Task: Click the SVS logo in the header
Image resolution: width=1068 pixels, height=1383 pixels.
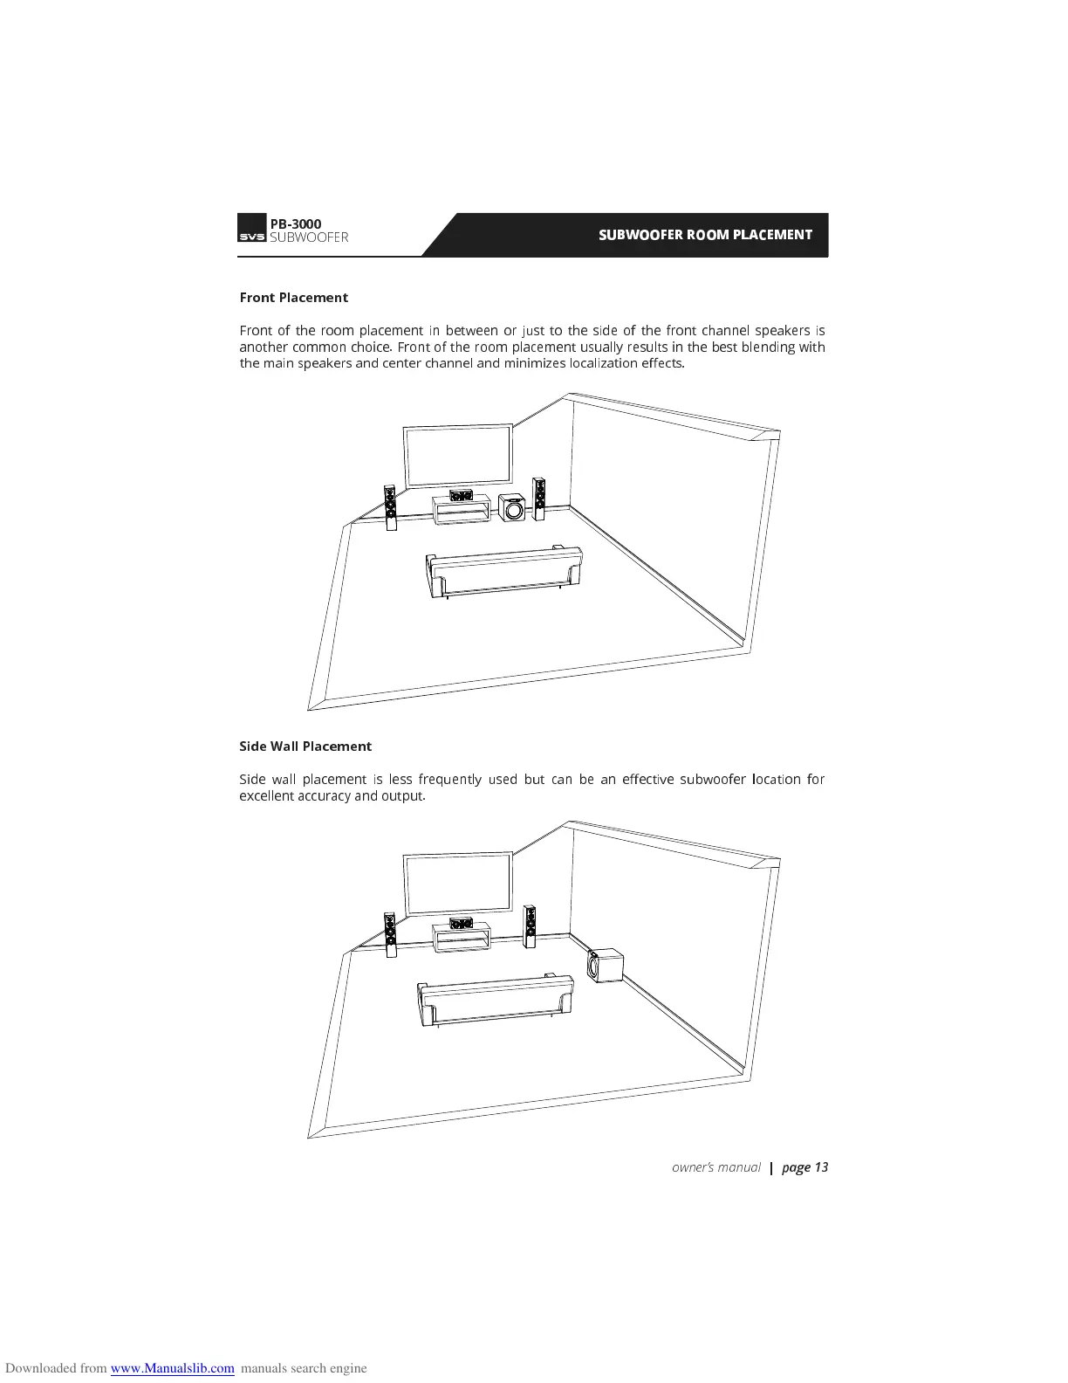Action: [x=251, y=230]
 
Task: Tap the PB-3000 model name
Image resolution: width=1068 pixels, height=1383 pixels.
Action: [x=295, y=224]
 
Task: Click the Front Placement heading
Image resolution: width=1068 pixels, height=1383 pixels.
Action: [x=293, y=298]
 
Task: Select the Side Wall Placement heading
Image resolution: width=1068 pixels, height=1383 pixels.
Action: [x=305, y=747]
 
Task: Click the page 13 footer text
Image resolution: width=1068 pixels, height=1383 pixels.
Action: [x=804, y=1167]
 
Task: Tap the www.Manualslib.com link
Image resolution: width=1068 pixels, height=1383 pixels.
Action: [x=173, y=1368]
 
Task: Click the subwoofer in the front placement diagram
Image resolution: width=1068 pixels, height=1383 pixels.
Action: [x=513, y=507]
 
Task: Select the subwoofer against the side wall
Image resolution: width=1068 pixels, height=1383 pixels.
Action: [x=606, y=966]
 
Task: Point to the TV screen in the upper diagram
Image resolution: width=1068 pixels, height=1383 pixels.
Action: [x=457, y=454]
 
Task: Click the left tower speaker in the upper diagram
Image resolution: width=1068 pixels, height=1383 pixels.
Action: [x=390, y=506]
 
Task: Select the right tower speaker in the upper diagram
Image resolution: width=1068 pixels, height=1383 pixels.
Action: [x=539, y=499]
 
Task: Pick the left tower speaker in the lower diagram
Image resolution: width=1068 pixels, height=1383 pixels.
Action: [x=389, y=933]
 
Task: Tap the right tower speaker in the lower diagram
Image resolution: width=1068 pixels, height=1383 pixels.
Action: [x=530, y=926]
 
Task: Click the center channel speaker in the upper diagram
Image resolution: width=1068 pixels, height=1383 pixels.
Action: [x=461, y=496]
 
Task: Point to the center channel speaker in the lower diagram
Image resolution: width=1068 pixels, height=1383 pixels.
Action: [x=461, y=924]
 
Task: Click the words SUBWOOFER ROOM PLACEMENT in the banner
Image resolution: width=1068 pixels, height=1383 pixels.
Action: [x=705, y=235]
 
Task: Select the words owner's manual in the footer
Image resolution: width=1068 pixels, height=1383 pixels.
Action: [x=715, y=1167]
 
